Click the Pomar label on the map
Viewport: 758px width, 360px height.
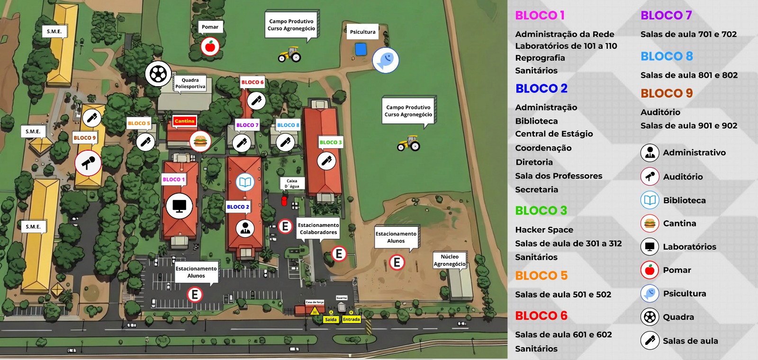[x=210, y=27]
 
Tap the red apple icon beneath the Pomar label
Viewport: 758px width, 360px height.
[x=210, y=46]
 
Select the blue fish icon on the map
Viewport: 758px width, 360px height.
[x=386, y=61]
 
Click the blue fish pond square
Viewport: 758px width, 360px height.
[x=361, y=49]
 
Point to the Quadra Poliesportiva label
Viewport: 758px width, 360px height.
[x=190, y=83]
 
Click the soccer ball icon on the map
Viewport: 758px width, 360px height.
[x=158, y=73]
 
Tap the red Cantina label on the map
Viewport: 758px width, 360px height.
[x=184, y=121]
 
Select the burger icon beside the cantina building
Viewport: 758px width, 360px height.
[x=200, y=141]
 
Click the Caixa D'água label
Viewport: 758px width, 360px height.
[x=292, y=183]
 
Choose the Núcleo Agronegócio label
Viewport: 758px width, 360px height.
[x=450, y=260]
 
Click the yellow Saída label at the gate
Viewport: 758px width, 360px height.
[x=331, y=319]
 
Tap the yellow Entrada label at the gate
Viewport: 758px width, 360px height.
[x=352, y=319]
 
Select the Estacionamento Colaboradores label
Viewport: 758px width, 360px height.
[x=318, y=229]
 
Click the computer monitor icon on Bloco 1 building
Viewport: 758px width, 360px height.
[x=179, y=206]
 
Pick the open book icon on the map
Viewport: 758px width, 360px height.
[x=245, y=182]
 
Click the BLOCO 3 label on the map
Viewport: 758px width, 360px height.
[x=330, y=142]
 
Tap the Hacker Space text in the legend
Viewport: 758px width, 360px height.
[x=544, y=230]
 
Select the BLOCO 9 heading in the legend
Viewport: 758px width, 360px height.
[x=666, y=93]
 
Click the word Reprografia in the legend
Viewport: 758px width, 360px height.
[x=540, y=58]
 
